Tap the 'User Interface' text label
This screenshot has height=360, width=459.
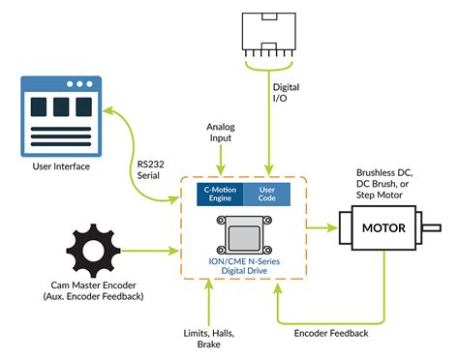point(60,167)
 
